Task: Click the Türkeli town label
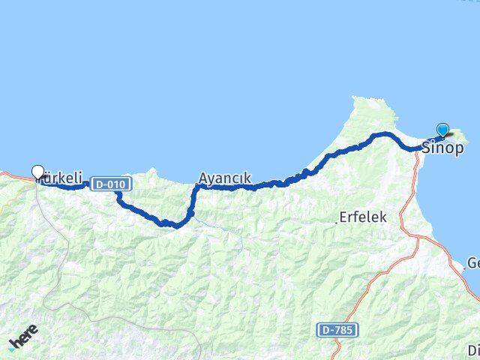pos(61,179)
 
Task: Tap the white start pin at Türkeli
pos(38,172)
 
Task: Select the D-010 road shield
pos(111,184)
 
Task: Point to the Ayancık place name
pos(224,179)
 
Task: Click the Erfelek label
pos(363,217)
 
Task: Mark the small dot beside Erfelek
pos(336,221)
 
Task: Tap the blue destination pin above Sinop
pos(442,130)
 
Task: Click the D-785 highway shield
pos(337,330)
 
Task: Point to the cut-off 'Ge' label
pos(472,263)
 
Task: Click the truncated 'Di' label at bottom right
pos(473,350)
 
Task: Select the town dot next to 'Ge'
pos(463,268)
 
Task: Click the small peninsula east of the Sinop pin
pos(459,136)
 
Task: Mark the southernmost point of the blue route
pos(176,225)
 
